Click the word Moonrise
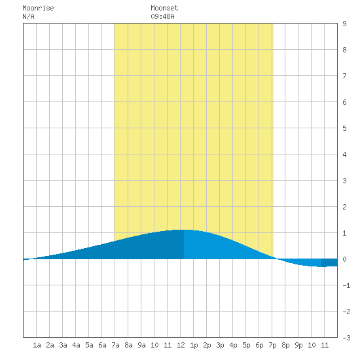[38, 8]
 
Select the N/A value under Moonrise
[28, 16]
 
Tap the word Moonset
[164, 8]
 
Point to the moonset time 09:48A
[162, 16]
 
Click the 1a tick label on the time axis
[37, 345]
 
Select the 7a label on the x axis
[115, 345]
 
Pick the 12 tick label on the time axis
[181, 345]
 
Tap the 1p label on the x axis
[194, 345]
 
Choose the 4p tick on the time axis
[233, 345]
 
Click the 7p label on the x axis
[272, 345]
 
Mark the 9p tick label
[298, 345]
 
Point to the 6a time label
[102, 345]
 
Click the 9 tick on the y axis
[344, 24]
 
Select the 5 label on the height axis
[344, 128]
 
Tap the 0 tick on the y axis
[344, 259]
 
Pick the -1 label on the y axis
[346, 285]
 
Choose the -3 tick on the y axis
[346, 338]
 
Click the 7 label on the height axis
[344, 76]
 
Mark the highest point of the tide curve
[184, 230]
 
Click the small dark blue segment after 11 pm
[329, 262]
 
